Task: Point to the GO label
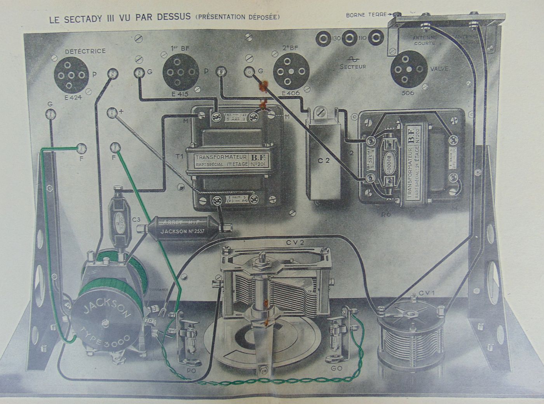[x=337, y=367]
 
